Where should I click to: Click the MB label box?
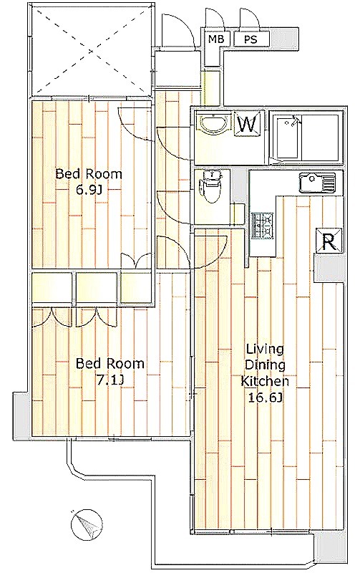[x=215, y=39]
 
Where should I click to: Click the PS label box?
[x=251, y=39]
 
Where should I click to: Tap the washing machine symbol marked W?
[x=248, y=124]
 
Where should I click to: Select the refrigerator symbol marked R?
[x=329, y=241]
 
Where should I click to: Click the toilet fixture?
[x=211, y=186]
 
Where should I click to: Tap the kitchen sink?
[x=317, y=183]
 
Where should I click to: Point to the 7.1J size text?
[x=110, y=380]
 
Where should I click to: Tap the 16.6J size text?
[x=266, y=398]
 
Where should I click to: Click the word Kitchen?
[x=266, y=381]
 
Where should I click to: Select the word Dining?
[x=265, y=365]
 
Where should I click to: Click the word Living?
[x=265, y=349]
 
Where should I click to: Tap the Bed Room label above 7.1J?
[x=110, y=364]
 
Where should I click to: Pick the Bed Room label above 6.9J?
[x=89, y=173]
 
